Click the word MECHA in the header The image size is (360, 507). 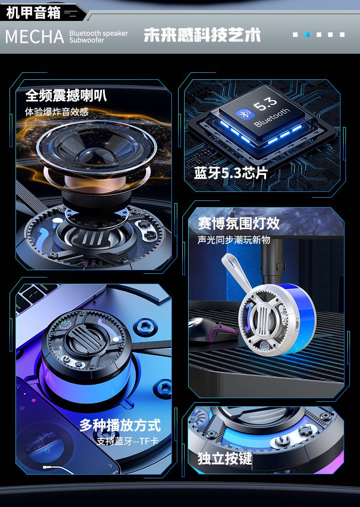[35, 36]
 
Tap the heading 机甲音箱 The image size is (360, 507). [33, 13]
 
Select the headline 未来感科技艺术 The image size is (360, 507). [202, 35]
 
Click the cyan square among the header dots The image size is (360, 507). [307, 35]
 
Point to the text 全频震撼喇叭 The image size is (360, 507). [66, 95]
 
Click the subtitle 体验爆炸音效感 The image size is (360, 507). [57, 112]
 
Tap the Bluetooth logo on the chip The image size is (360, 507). [242, 113]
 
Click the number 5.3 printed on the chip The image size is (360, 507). [265, 103]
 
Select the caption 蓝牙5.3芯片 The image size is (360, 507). [231, 173]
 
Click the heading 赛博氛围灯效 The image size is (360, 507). [239, 223]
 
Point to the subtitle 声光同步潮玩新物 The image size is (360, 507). [234, 240]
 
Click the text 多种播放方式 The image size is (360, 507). [120, 425]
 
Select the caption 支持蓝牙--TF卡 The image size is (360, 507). [128, 441]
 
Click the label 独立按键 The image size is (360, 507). [225, 458]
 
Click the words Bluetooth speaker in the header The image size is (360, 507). [98, 33]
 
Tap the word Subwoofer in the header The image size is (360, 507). [87, 40]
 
